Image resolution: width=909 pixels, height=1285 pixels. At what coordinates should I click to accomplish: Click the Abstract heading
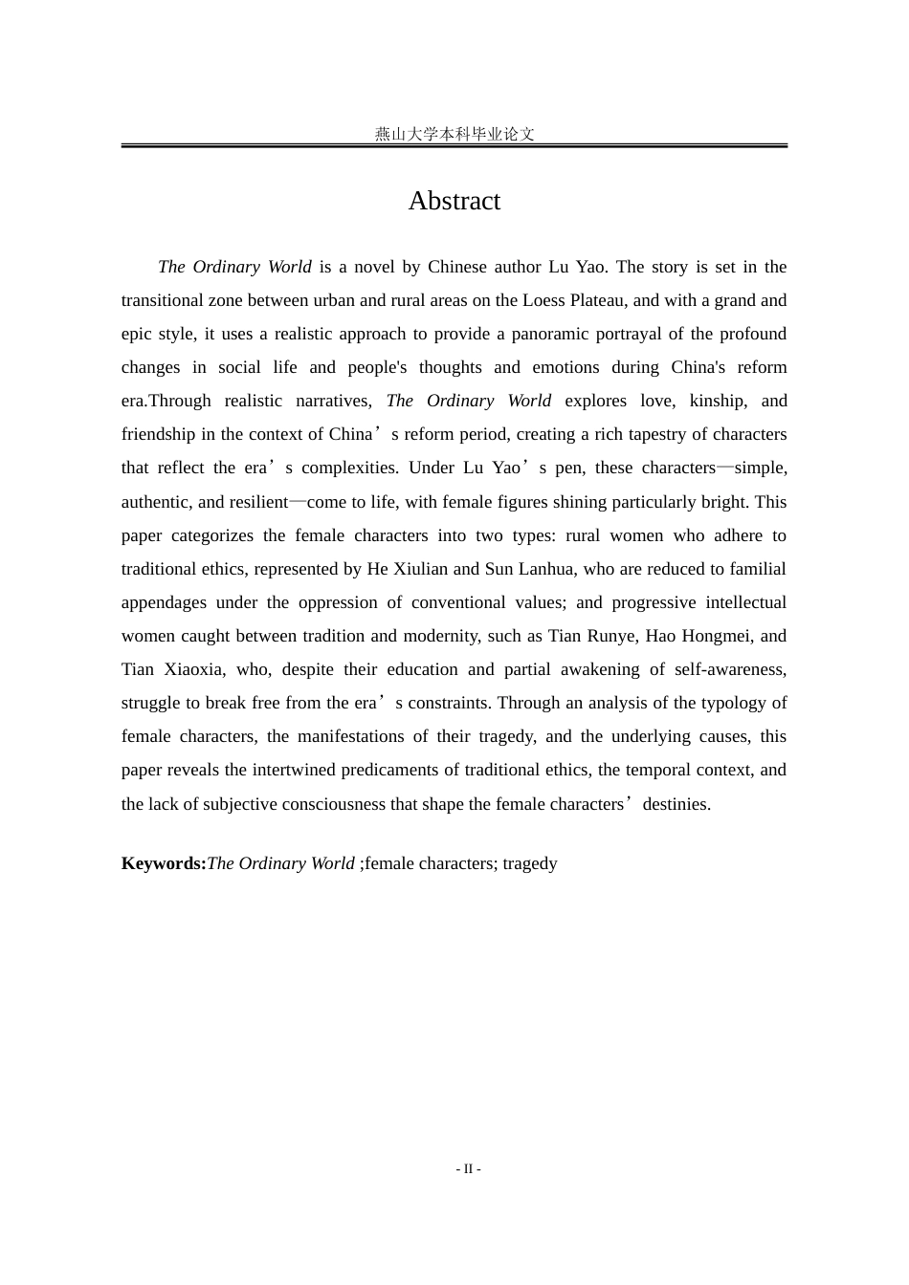(454, 201)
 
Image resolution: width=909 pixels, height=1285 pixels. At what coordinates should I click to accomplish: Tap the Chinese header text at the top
(454, 135)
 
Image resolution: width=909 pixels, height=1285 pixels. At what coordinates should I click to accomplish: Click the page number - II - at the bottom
(468, 1168)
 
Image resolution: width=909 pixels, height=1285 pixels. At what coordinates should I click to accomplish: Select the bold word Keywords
(163, 863)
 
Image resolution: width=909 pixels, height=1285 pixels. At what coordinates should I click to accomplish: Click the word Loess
(543, 300)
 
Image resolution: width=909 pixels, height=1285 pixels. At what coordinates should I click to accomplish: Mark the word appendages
(164, 602)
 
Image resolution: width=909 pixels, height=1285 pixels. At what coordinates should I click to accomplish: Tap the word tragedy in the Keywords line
(529, 863)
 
